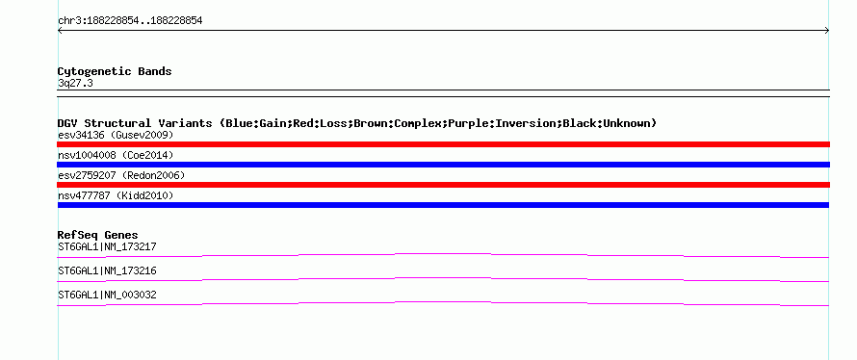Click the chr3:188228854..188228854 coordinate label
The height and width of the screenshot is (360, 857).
(x=130, y=21)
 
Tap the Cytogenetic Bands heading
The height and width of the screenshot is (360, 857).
(x=115, y=71)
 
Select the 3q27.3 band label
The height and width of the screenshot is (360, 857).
(x=75, y=84)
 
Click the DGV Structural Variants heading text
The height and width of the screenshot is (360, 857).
(x=357, y=123)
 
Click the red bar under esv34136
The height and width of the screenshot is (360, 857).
(x=443, y=144)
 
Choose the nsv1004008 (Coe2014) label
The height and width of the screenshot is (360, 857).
(x=116, y=156)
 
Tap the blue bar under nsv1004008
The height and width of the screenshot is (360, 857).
(x=443, y=165)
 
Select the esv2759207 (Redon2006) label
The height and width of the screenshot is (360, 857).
(x=121, y=176)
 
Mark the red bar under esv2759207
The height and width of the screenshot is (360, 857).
(x=443, y=185)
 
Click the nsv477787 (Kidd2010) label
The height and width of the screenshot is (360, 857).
(x=116, y=195)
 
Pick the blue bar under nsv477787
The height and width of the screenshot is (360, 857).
(x=443, y=205)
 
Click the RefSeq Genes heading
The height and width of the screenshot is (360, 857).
(x=98, y=236)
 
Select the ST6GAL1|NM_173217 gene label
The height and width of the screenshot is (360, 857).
(x=107, y=247)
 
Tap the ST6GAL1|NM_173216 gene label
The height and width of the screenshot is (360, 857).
(x=107, y=270)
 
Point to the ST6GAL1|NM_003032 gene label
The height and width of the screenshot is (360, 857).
(x=107, y=295)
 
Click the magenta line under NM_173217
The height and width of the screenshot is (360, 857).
(x=443, y=254)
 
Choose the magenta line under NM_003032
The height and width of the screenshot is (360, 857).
(x=443, y=302)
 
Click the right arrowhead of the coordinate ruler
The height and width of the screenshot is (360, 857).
(x=828, y=31)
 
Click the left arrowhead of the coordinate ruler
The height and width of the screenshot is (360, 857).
(x=59, y=31)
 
